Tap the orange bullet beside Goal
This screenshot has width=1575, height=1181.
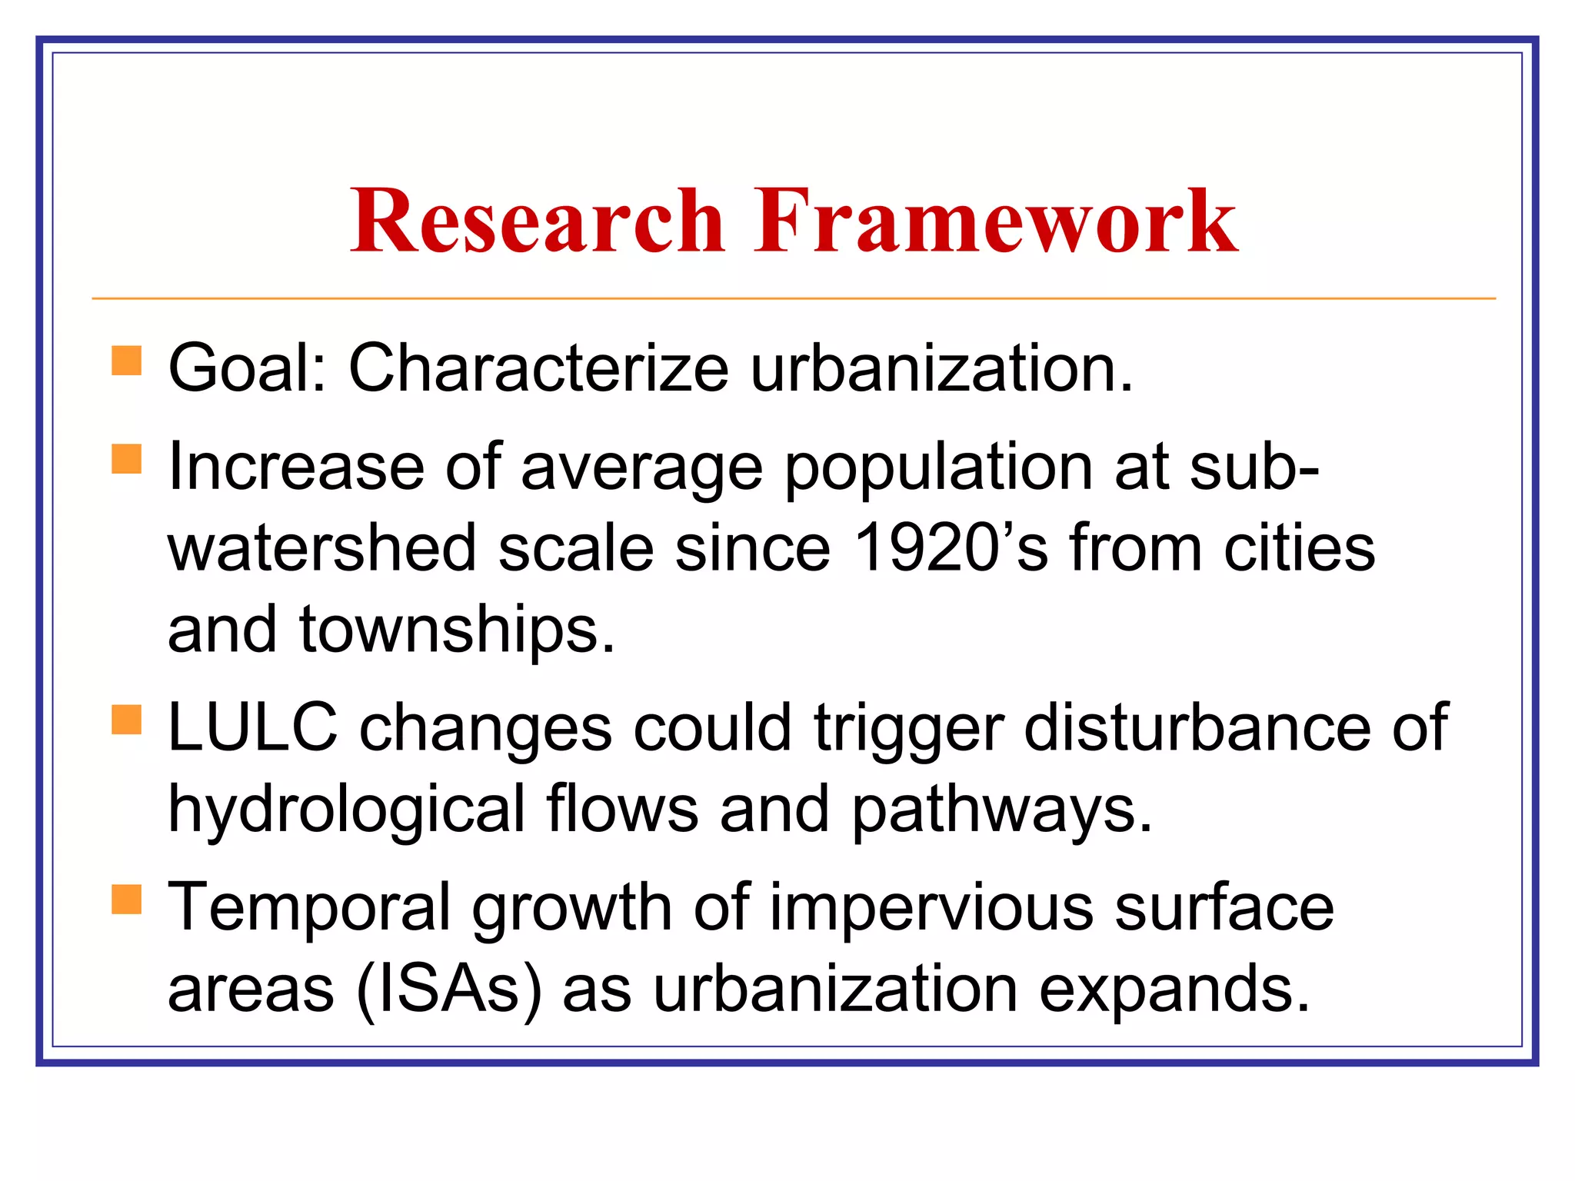coord(127,361)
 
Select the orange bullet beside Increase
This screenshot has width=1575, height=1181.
coord(127,459)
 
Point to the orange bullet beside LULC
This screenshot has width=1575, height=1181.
coord(127,720)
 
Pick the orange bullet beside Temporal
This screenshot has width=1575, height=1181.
coord(127,899)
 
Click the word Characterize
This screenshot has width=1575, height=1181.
coord(538,368)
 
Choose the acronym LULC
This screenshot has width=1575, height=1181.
coord(252,727)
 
